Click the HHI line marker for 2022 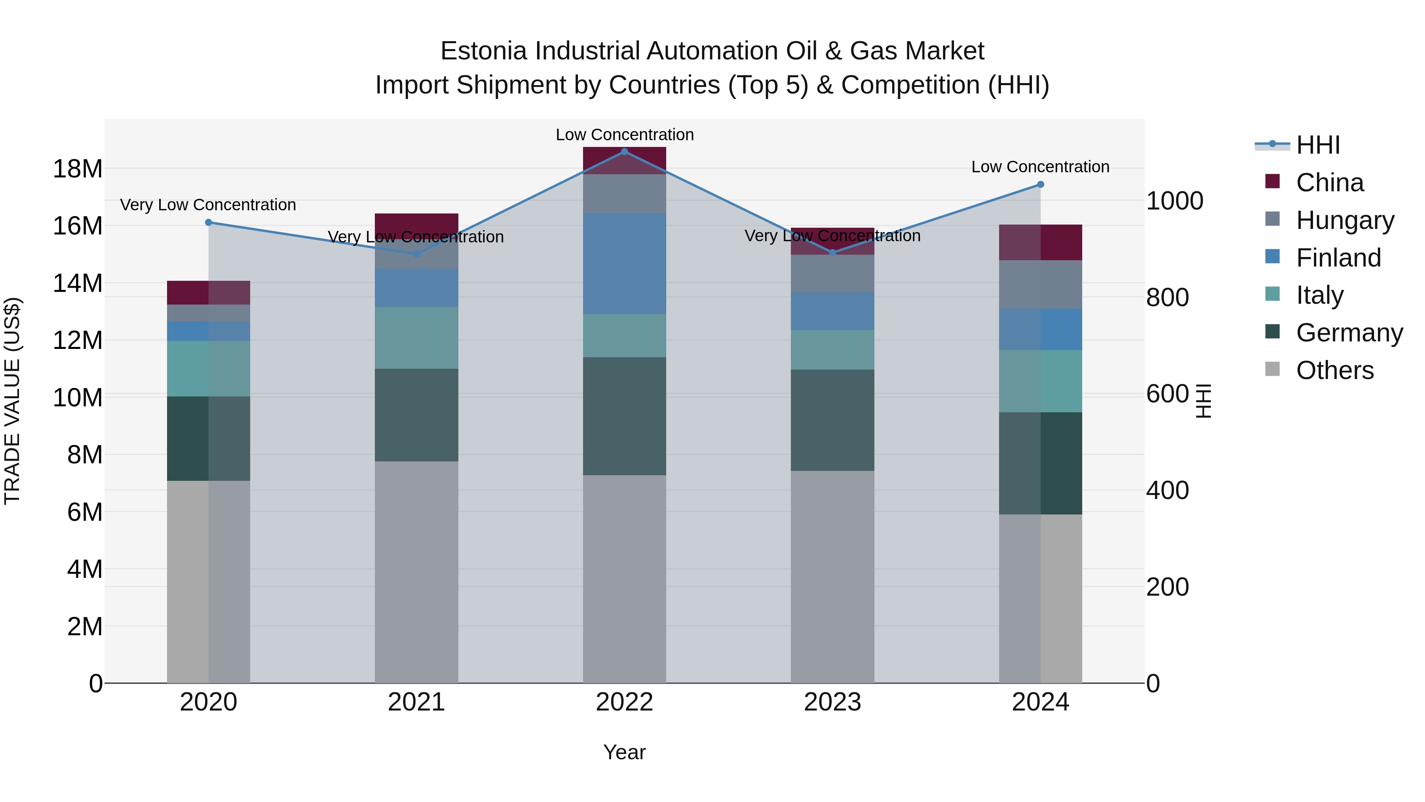pyautogui.click(x=625, y=152)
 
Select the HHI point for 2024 pyautogui.click(x=1041, y=184)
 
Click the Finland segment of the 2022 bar pyautogui.click(x=625, y=264)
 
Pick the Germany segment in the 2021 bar pyautogui.click(x=416, y=415)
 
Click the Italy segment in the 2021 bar pyautogui.click(x=416, y=337)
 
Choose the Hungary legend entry pyautogui.click(x=1345, y=220)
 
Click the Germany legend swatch pyautogui.click(x=1272, y=332)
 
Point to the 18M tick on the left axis pyautogui.click(x=78, y=169)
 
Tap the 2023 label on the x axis pyautogui.click(x=832, y=702)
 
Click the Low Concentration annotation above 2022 pyautogui.click(x=625, y=135)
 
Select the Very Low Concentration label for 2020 pyautogui.click(x=208, y=205)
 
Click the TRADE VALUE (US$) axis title pyautogui.click(x=12, y=401)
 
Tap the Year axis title pyautogui.click(x=625, y=752)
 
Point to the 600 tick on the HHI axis pyautogui.click(x=1167, y=394)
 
